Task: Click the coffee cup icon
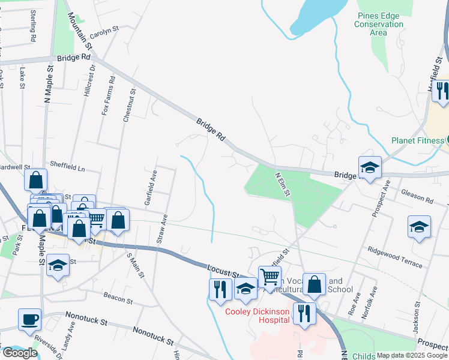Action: [29, 319]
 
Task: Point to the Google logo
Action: [19, 353]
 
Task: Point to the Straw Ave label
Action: [161, 228]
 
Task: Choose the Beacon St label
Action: [118, 298]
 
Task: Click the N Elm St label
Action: [282, 184]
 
